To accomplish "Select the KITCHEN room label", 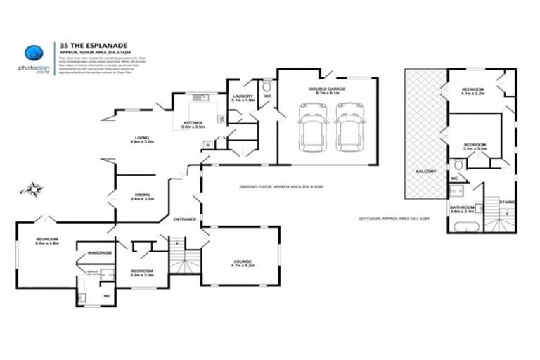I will [x=193, y=124].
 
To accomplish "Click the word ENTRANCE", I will [x=185, y=220].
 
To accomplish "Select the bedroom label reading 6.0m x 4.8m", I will [x=48, y=242].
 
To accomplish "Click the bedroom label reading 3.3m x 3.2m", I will [x=142, y=272].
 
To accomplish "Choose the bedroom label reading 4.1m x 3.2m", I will [x=472, y=91].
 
